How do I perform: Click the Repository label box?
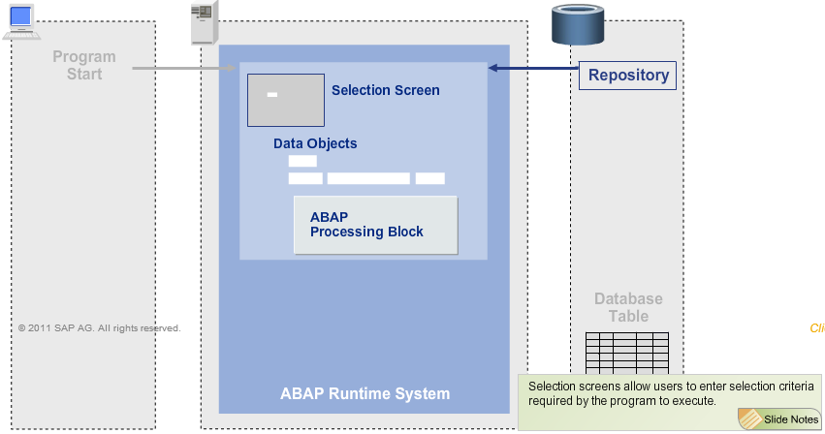coord(628,76)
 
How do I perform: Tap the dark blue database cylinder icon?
coord(579,26)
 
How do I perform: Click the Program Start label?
coord(84,65)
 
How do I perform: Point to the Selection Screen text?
coord(385,90)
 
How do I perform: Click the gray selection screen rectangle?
coord(285,101)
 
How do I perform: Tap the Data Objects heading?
coord(315,143)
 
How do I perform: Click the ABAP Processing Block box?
coord(375,225)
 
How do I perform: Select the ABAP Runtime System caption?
coord(365,393)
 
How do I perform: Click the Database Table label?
coord(628,308)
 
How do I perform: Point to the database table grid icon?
coord(626,353)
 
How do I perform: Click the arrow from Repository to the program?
coord(533,68)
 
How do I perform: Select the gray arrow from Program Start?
coord(184,68)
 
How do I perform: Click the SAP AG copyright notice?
coord(99,328)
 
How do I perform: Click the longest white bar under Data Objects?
coord(368,178)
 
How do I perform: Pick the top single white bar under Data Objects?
coord(302,161)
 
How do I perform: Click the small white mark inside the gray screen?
coord(272,94)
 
